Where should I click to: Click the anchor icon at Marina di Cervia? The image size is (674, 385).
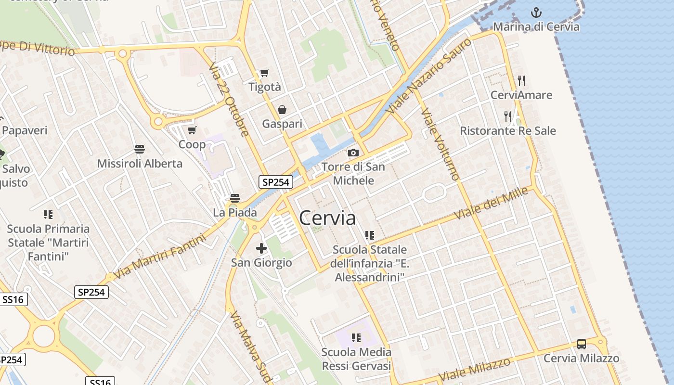[536, 12]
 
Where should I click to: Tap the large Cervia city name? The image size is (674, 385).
[327, 218]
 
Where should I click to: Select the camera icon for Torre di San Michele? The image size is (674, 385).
[353, 153]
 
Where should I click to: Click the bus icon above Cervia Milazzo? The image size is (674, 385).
[582, 344]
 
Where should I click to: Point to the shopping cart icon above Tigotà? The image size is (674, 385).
[264, 73]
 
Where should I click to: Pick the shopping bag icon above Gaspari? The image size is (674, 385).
[282, 110]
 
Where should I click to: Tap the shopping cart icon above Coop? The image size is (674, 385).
[192, 130]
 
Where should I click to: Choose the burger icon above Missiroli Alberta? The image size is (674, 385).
[140, 149]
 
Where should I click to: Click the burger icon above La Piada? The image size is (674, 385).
[235, 198]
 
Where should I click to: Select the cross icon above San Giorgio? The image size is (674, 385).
[261, 248]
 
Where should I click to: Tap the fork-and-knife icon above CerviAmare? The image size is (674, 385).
[521, 80]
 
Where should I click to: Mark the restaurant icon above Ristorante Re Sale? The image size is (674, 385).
[507, 116]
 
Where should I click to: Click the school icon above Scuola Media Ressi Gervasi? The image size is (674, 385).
[356, 338]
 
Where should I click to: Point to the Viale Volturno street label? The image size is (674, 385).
[440, 144]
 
